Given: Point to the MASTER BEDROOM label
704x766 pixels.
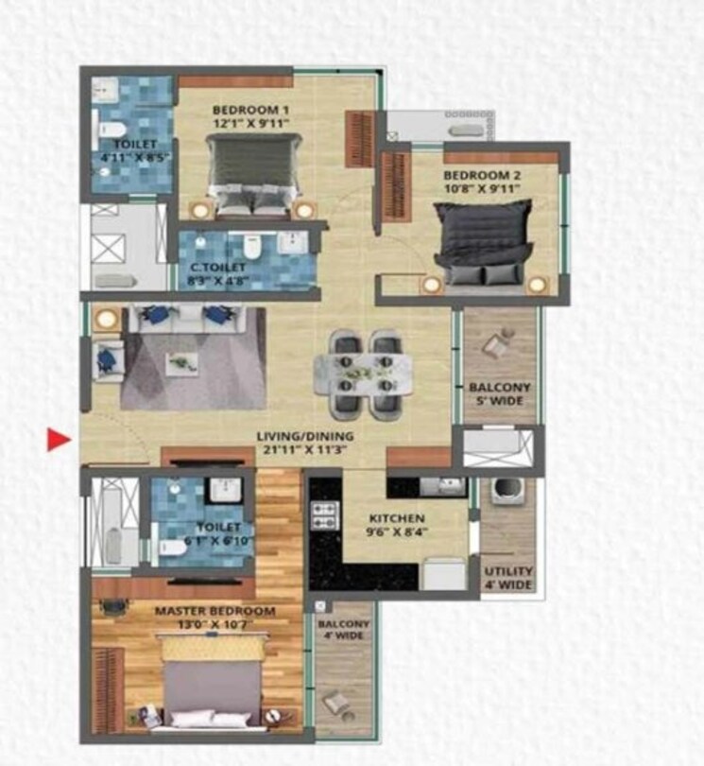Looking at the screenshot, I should (x=215, y=612).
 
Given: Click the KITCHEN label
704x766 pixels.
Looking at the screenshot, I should (x=397, y=518).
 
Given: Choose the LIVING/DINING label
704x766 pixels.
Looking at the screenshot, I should (x=304, y=437).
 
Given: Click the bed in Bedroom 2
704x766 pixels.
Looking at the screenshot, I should (x=482, y=244).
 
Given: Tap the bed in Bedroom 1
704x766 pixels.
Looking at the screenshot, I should (x=253, y=175).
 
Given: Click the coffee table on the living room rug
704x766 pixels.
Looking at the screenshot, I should (x=182, y=362).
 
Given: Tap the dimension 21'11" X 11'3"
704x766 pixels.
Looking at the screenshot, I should (x=304, y=450).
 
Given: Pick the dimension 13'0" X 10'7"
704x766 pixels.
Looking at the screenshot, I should (x=215, y=626).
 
